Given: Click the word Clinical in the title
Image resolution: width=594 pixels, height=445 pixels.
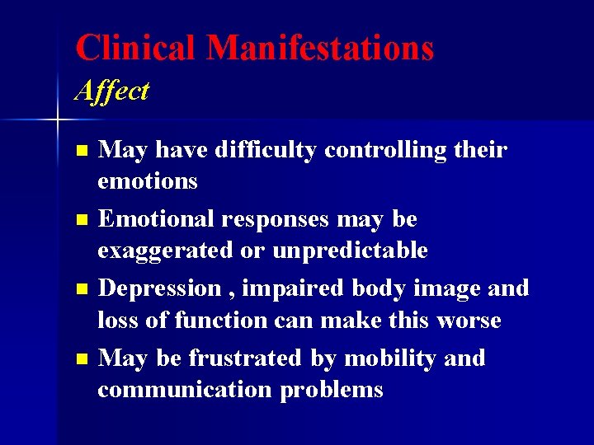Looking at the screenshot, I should [136, 48].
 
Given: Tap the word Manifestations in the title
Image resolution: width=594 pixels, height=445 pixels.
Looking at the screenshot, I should [320, 48].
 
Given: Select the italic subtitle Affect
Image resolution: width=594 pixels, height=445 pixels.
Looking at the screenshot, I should [111, 91].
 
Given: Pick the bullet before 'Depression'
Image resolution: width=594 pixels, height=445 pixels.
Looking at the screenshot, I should [80, 290].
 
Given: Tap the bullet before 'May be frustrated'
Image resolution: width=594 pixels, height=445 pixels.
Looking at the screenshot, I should [80, 359].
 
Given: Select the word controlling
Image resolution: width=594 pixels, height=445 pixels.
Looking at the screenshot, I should [398, 150].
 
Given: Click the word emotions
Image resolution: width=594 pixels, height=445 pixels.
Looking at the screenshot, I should [148, 180].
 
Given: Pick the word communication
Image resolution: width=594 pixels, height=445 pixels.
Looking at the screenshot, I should [185, 389].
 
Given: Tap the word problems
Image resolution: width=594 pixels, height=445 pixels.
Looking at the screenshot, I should [332, 389].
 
